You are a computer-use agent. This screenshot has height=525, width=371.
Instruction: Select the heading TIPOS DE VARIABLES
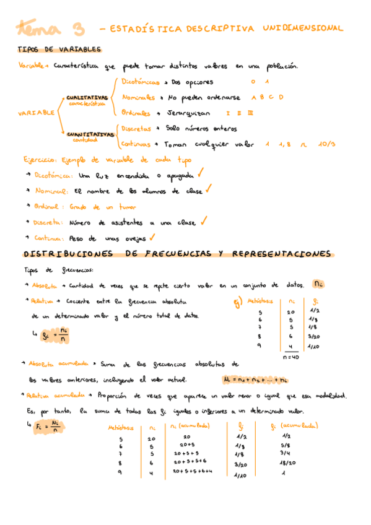[59, 50]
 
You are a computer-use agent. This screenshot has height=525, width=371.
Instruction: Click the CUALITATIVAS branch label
[87, 98]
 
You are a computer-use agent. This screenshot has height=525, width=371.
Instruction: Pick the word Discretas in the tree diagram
[136, 129]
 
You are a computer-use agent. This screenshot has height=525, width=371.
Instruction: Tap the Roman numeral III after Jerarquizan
[250, 113]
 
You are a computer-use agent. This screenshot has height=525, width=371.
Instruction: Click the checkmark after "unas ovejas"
[152, 236]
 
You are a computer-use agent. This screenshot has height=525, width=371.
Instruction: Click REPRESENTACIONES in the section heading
[282, 254]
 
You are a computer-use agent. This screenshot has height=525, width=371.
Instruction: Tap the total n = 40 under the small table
[290, 357]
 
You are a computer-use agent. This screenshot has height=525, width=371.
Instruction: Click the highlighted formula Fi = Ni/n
[51, 427]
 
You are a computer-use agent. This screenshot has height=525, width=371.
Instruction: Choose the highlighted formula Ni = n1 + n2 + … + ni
[255, 380]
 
